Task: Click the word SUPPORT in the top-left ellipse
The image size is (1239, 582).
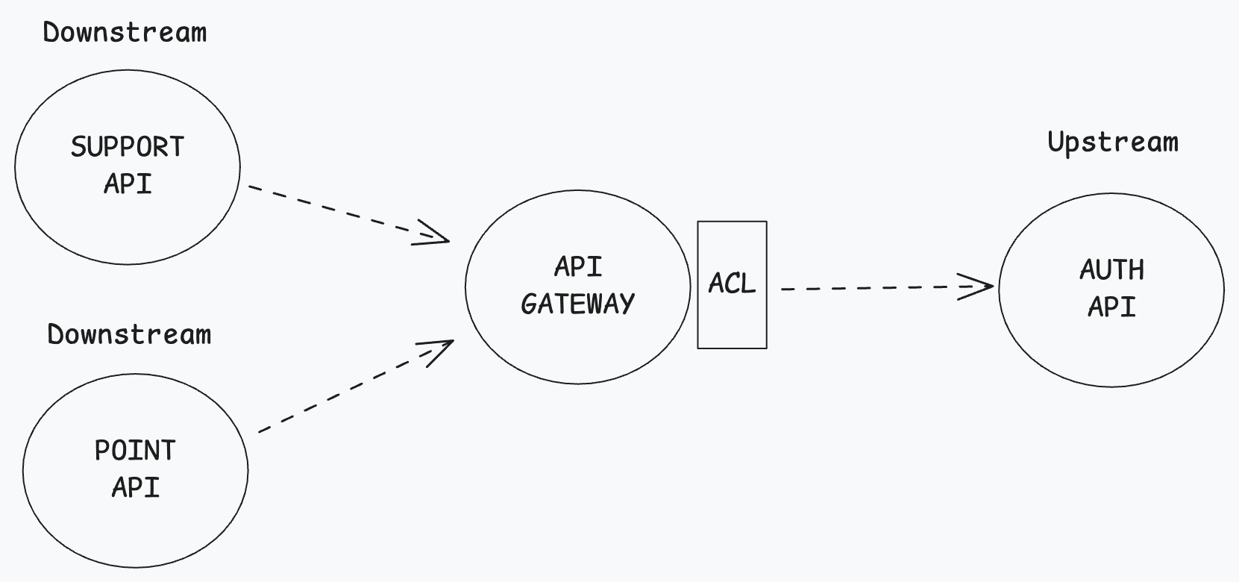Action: (128, 147)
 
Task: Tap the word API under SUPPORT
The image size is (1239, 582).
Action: (128, 184)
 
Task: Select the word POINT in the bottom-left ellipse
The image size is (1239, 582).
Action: (135, 451)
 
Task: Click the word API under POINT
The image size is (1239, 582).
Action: (135, 487)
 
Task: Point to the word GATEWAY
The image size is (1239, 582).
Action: (578, 304)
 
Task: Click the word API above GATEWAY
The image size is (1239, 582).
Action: (578, 267)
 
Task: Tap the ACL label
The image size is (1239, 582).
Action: (732, 284)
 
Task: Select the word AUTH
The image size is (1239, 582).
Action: (1111, 270)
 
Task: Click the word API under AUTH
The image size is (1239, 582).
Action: (1111, 307)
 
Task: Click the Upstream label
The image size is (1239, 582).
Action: (1113, 142)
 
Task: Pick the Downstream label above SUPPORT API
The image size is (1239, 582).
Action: (125, 33)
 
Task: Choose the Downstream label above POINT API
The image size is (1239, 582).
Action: (129, 334)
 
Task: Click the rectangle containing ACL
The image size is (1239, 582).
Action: (732, 328)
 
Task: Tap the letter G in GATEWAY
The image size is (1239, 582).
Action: (529, 304)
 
